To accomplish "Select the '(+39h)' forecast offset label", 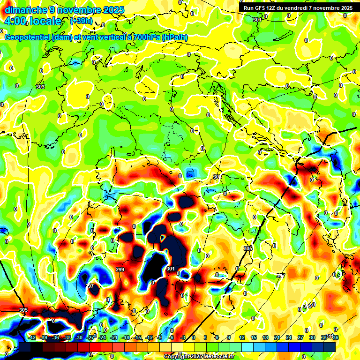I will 81,21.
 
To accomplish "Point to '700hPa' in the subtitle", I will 144,37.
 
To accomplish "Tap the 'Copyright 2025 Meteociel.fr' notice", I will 199,357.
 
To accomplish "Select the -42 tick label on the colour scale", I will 32,337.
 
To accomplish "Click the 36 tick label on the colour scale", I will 336,337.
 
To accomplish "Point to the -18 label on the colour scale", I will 126,337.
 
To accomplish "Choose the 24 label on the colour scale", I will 289,337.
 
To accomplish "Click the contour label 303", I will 40,87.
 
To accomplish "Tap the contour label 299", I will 120,270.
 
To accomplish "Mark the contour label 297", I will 90,286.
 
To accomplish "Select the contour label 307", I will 280,276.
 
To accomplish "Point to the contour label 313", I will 307,306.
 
